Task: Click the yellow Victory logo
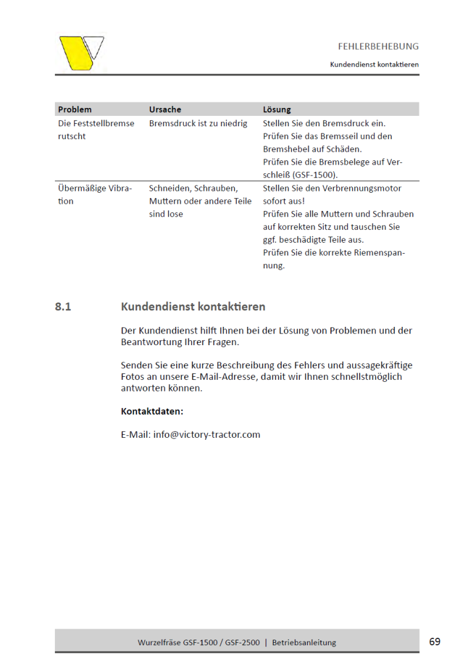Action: pos(81,52)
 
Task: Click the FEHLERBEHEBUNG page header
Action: pos(378,46)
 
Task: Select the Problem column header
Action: pos(74,110)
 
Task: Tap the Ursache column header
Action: pos(165,110)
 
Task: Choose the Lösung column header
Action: pos(277,110)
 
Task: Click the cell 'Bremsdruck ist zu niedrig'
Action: pos(198,123)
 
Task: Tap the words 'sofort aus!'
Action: pos(283,201)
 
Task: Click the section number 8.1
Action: pos(63,307)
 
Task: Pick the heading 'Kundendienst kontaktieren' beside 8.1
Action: pos(193,307)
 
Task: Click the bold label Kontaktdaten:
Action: pos(152,412)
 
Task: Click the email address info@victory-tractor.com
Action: pos(207,435)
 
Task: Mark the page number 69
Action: pos(434,642)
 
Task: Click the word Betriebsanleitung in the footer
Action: pos(304,642)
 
